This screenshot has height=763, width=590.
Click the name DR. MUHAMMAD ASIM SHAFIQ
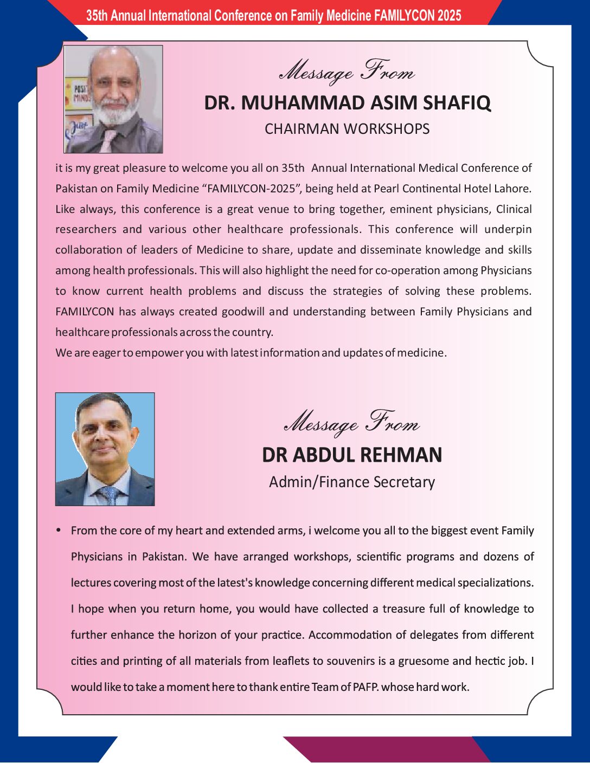point(348,102)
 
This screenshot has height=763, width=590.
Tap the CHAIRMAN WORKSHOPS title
point(347,129)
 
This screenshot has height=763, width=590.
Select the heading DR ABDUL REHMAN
point(352,455)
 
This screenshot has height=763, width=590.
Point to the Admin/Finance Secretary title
point(352,482)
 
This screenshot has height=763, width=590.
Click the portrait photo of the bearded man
point(113,99)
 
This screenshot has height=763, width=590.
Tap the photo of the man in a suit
point(105,449)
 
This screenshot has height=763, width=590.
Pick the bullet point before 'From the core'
point(59,530)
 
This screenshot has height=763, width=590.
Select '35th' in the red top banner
point(97,16)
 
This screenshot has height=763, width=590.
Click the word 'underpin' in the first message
point(508,229)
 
